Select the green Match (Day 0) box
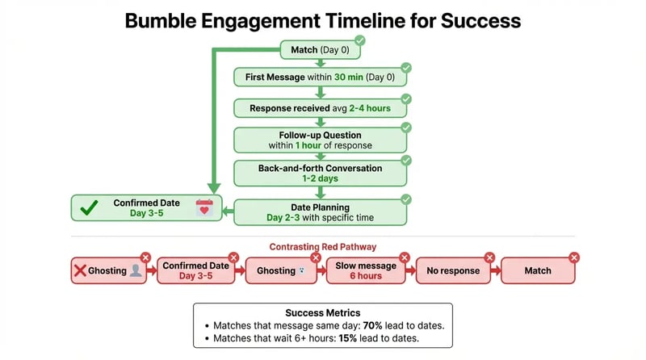pyautogui.click(x=321, y=51)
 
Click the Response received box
pyautogui.click(x=321, y=107)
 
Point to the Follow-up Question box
pyautogui.click(x=321, y=140)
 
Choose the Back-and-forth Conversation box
pyautogui.click(x=321, y=172)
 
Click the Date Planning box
pyautogui.click(x=321, y=212)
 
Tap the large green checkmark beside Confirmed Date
pyautogui.click(x=90, y=208)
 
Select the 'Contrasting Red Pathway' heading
pyautogui.click(x=323, y=246)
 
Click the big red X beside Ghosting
pyautogui.click(x=80, y=271)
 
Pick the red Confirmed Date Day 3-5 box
pyautogui.click(x=195, y=271)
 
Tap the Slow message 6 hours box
pyautogui.click(x=365, y=271)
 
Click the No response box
pyautogui.click(x=453, y=271)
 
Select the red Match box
pyautogui.click(x=538, y=271)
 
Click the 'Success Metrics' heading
pyautogui.click(x=322, y=312)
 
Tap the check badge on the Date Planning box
pyautogui.click(x=406, y=199)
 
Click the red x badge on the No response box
pyautogui.click(x=489, y=257)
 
